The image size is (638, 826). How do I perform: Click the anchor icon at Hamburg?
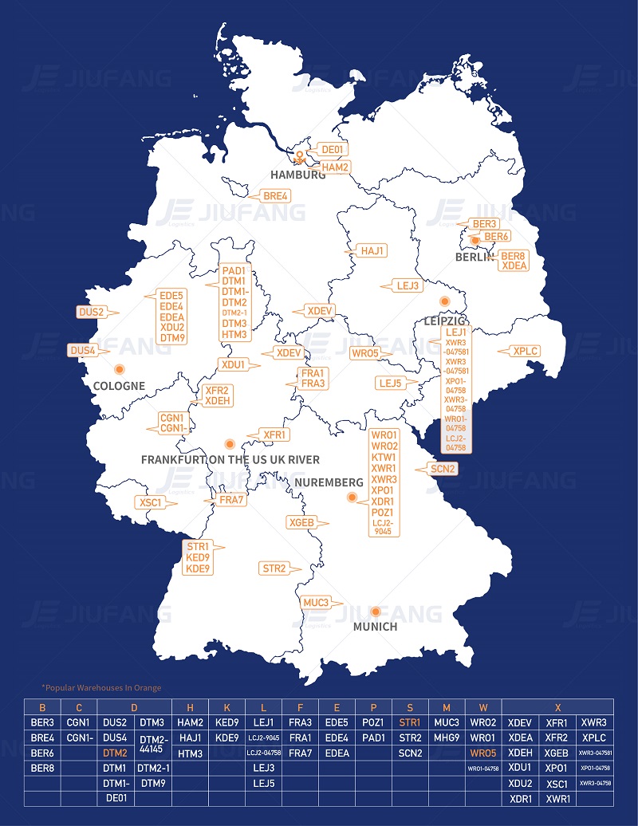[x=300, y=157]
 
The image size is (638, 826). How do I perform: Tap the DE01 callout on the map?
[x=331, y=149]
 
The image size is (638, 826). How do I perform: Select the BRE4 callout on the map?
[x=275, y=196]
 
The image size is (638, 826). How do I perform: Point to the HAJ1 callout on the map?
[x=372, y=250]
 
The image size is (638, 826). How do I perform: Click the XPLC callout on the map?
[x=526, y=351]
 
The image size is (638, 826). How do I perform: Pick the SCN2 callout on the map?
[x=443, y=469]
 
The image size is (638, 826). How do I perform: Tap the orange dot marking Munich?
[x=375, y=612]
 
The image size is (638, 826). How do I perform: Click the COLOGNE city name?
[x=119, y=386]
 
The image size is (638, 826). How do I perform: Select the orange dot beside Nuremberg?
[x=351, y=498]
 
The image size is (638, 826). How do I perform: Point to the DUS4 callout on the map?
[x=82, y=350]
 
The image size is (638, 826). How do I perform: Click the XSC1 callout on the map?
[x=151, y=502]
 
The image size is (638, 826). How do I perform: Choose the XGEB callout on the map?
[x=301, y=522]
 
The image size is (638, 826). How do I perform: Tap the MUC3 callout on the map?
[x=317, y=603]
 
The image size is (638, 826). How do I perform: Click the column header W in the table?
[x=483, y=707]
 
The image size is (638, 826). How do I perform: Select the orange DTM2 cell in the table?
[x=115, y=753]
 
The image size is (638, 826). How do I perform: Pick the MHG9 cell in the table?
[x=447, y=737]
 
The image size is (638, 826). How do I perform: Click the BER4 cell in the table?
[x=42, y=737]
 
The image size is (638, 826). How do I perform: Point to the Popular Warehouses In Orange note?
[x=101, y=687]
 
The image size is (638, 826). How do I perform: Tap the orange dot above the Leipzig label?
[x=445, y=301]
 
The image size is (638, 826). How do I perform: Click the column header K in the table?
[x=226, y=707]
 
